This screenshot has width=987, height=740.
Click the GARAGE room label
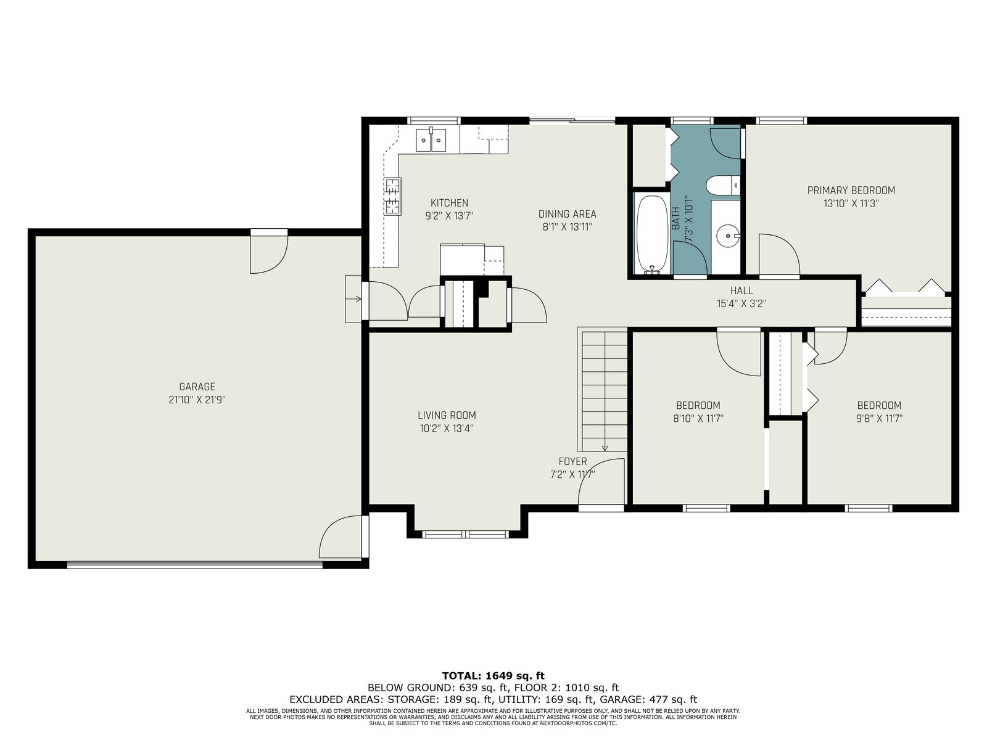coord(197,387)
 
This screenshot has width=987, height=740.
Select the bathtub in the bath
coord(652,234)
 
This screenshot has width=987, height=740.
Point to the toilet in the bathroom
coord(722,184)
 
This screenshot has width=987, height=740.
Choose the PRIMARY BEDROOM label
coord(851,191)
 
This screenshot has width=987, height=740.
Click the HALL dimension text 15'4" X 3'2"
coord(741,304)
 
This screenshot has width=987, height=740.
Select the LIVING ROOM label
coord(447,416)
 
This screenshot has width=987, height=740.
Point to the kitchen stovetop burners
coord(392,196)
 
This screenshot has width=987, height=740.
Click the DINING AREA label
coord(567,215)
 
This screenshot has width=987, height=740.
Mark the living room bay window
coord(465,534)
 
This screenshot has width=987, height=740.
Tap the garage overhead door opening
coord(195,565)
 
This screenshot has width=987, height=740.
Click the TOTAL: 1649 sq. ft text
coord(493,676)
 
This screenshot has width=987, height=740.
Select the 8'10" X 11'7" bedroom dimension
coord(698,419)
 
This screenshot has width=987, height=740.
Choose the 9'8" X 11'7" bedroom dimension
coord(879,419)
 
